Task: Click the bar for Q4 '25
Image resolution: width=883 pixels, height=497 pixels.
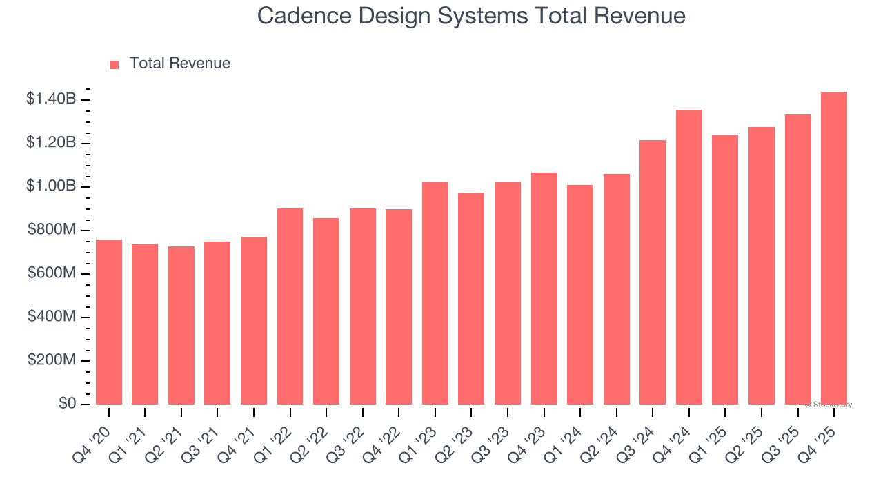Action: [x=834, y=248]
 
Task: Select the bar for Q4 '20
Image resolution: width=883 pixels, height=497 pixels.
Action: [x=109, y=322]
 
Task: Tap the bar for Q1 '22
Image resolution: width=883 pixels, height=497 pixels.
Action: [x=290, y=306]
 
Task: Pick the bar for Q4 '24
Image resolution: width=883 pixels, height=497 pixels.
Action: [x=689, y=257]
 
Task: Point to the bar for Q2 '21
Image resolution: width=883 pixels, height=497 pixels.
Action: [x=181, y=325]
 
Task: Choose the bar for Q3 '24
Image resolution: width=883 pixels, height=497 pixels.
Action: [x=653, y=272]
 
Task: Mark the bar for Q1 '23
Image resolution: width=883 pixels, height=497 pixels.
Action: [x=435, y=293]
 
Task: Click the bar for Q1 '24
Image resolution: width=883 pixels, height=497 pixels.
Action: [x=580, y=295]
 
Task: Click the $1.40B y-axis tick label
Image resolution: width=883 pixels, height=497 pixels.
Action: [x=51, y=99]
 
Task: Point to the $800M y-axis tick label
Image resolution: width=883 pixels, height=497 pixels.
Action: [x=52, y=230]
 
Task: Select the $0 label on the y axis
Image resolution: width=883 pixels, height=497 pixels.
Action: [x=66, y=404]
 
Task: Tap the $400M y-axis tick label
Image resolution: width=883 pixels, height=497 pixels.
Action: [x=52, y=317]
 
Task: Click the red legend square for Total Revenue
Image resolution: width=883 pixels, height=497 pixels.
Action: [x=115, y=64]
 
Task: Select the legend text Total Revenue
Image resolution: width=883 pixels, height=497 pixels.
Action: [x=180, y=64]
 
